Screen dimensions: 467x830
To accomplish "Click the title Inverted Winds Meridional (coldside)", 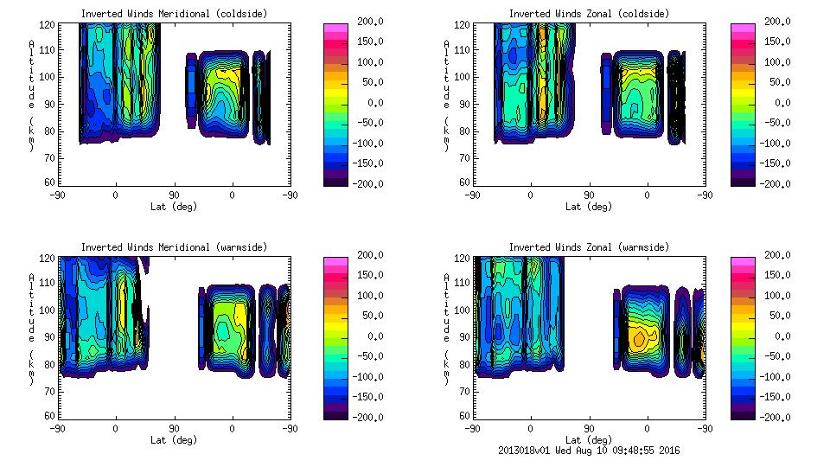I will [174, 14].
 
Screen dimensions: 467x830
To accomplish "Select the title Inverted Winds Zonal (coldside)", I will [589, 14].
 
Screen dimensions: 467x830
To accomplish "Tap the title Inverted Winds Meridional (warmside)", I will [174, 247].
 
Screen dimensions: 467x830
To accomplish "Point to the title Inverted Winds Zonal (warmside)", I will [589, 247].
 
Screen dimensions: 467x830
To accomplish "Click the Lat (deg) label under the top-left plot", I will [174, 207].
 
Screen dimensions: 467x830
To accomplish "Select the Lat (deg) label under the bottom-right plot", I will [589, 440].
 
